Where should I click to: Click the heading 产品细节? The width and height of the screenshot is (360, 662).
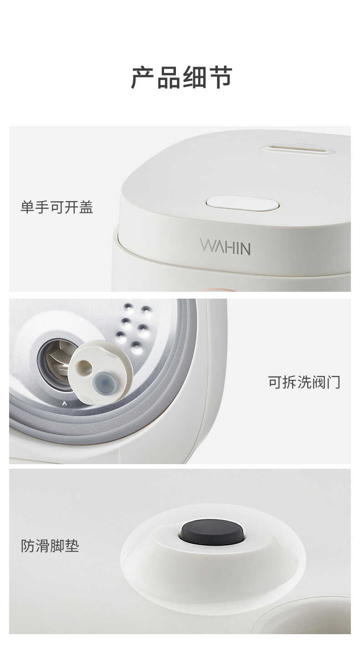[181, 77]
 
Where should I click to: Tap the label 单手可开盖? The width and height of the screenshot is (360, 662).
[57, 207]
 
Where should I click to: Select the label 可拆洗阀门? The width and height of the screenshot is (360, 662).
[304, 382]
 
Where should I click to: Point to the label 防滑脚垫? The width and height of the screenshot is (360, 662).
[50, 545]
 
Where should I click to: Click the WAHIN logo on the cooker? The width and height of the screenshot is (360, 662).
[225, 247]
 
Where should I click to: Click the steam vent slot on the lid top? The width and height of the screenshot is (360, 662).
[298, 149]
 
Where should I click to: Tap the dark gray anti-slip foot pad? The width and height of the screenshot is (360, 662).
[212, 532]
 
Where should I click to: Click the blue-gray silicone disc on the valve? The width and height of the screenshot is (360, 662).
[104, 383]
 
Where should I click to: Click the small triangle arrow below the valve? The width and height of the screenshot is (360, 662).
[65, 403]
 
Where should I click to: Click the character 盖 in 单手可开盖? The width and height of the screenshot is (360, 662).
[86, 207]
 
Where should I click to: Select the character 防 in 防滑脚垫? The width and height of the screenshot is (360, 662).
[28, 545]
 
